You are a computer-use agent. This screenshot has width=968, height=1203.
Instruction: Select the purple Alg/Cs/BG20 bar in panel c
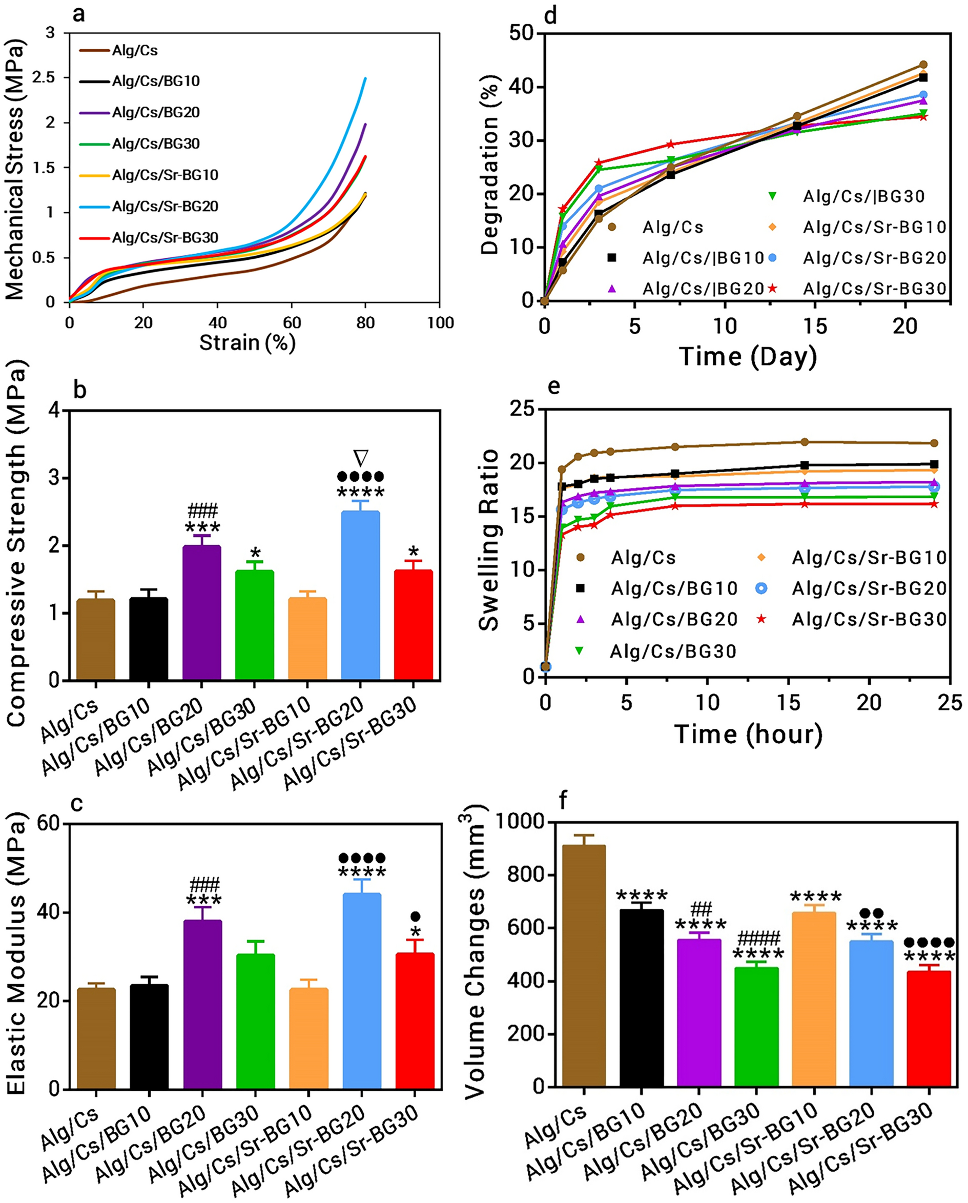tap(202, 1004)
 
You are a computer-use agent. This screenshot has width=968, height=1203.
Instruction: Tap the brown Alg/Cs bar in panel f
tap(584, 965)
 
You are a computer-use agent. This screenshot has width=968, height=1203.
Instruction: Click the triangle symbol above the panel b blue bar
tap(361, 458)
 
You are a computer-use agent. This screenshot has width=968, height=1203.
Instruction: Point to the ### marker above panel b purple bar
tap(202, 510)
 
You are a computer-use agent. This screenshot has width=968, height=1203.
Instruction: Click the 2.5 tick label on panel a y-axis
tap(44, 77)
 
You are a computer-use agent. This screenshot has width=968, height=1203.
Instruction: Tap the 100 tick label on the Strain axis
tap(440, 322)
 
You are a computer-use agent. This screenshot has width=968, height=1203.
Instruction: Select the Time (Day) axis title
tap(748, 356)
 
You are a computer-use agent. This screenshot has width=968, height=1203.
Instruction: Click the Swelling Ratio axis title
tap(489, 540)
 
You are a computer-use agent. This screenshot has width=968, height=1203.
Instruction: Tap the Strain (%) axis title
tap(247, 342)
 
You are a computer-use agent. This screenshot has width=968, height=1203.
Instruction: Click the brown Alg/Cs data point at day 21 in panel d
tap(923, 65)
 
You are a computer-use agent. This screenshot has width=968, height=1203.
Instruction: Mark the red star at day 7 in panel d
tap(671, 145)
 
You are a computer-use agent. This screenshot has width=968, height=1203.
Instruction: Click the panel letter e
tap(553, 386)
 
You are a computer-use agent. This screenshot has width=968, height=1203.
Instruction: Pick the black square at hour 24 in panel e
tap(933, 464)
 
